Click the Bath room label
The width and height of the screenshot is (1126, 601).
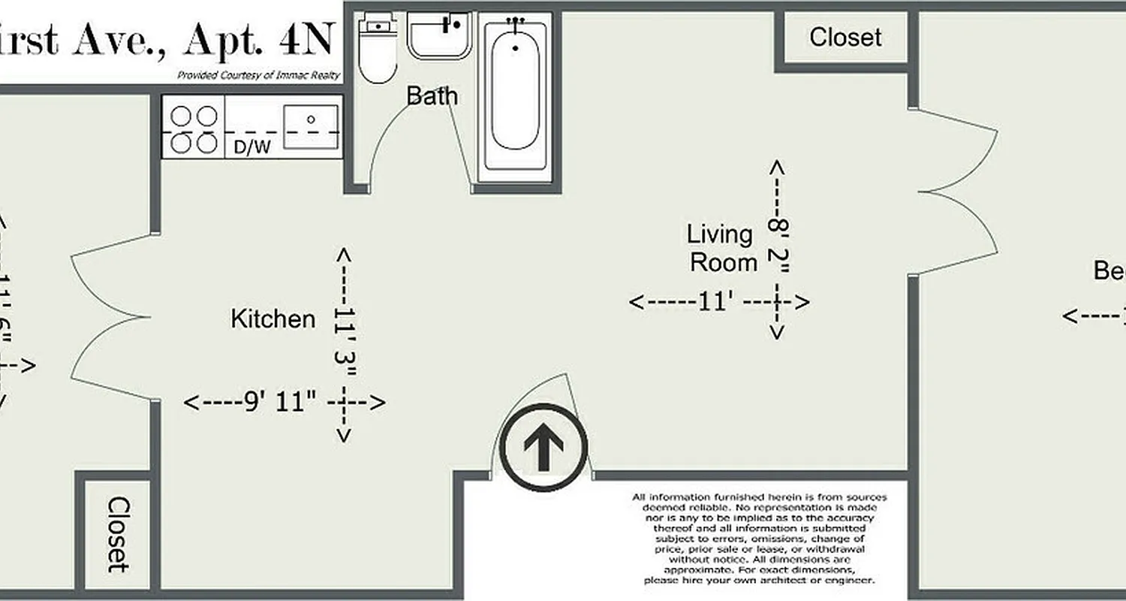click(x=432, y=96)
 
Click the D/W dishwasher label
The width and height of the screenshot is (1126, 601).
click(x=252, y=147)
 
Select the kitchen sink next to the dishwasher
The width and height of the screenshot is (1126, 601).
click(x=310, y=127)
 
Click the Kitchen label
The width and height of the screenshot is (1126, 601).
click(x=272, y=319)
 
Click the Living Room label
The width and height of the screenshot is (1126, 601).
click(x=722, y=249)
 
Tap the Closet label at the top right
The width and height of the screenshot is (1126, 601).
click(x=845, y=37)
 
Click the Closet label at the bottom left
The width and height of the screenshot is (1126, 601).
click(x=116, y=534)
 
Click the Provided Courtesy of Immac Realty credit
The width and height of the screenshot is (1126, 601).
click(x=258, y=75)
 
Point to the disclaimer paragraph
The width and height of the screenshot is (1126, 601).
click(x=759, y=539)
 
